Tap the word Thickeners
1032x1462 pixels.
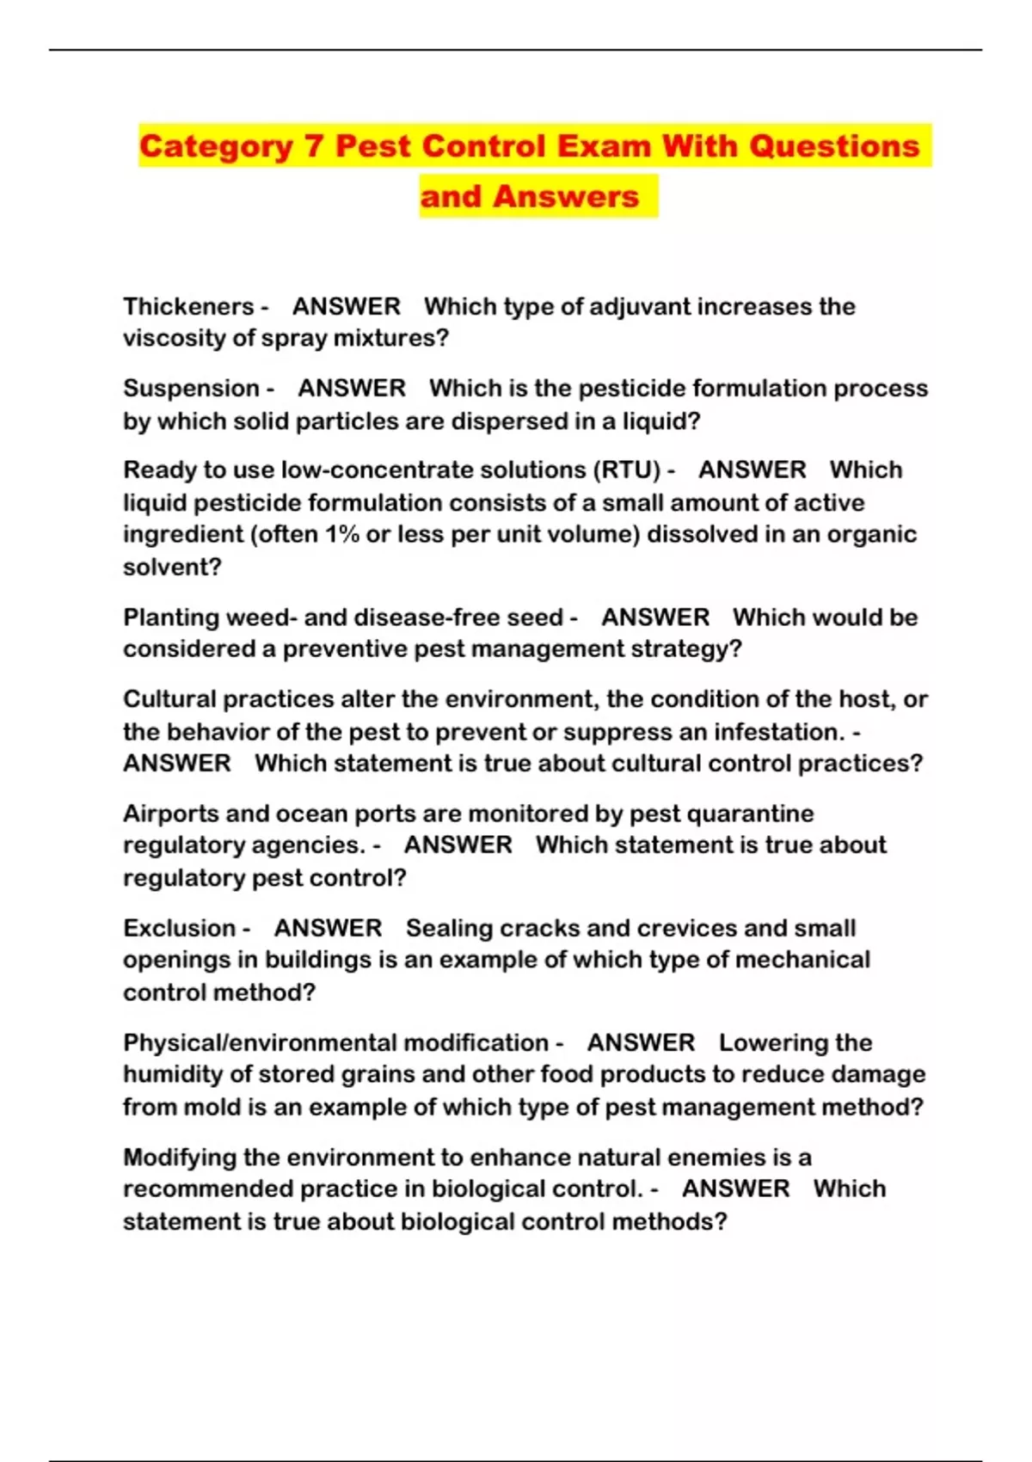[188, 307]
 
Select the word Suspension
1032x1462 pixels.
[191, 389]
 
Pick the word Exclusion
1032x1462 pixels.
[179, 929]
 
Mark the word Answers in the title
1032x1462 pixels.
[566, 197]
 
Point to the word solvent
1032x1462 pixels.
[172, 568]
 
